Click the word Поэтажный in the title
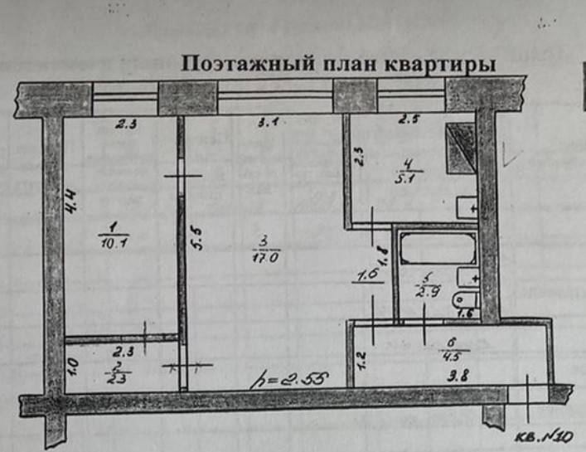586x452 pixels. coord(234,64)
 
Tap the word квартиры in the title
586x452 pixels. coord(448,64)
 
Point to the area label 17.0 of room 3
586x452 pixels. coord(264,257)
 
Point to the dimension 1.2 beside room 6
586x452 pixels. coord(361,359)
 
